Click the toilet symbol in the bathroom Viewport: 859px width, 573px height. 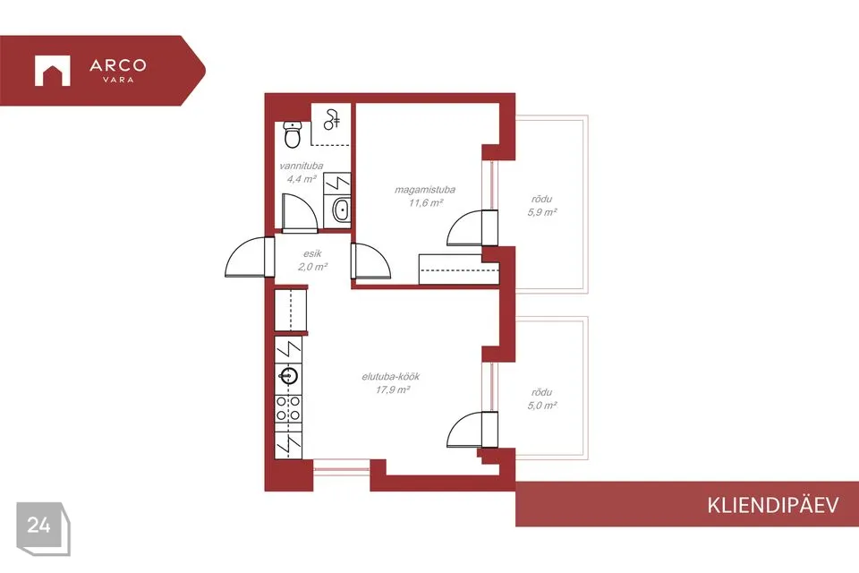pyautogui.click(x=293, y=134)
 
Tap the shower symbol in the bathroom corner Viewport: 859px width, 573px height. pyautogui.click(x=331, y=120)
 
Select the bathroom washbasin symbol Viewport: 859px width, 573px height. pyautogui.click(x=341, y=210)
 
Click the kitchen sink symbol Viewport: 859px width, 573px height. pyautogui.click(x=289, y=376)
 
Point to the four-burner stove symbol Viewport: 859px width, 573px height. pyautogui.click(x=288, y=408)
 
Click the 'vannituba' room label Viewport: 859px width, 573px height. pyautogui.click(x=302, y=166)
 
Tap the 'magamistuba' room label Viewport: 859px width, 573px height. pyautogui.click(x=425, y=190)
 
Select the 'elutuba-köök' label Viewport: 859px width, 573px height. pyautogui.click(x=391, y=377)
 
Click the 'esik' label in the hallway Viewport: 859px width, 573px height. pyautogui.click(x=312, y=254)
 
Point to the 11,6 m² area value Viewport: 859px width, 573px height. pyautogui.click(x=426, y=203)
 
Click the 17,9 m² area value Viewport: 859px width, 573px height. pyautogui.click(x=393, y=389)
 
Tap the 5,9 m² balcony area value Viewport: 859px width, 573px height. pyautogui.click(x=542, y=212)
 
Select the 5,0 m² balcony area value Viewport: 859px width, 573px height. pyautogui.click(x=542, y=406)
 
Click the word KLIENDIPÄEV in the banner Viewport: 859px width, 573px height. pyautogui.click(x=772, y=506)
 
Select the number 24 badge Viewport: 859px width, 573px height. pyautogui.click(x=39, y=526)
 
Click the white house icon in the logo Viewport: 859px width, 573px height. pyautogui.click(x=53, y=71)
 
